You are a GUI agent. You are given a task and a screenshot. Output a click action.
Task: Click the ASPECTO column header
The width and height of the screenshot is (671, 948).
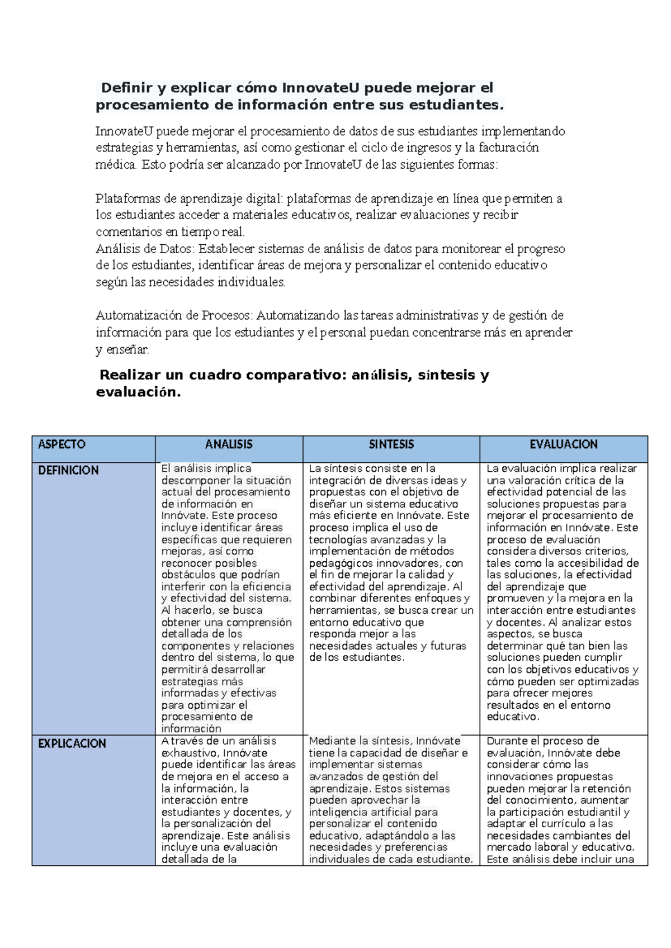[x=62, y=444]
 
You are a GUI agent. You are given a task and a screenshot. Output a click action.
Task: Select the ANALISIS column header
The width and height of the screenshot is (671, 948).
[x=229, y=444]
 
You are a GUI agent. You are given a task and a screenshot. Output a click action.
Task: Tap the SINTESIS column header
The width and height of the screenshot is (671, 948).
[x=391, y=444]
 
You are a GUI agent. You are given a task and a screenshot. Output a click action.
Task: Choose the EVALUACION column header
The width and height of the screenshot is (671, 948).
[x=563, y=444]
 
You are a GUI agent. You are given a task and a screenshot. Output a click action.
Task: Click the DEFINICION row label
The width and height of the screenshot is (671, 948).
[x=68, y=471]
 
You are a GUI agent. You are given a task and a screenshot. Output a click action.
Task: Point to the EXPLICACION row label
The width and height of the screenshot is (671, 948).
[x=72, y=743]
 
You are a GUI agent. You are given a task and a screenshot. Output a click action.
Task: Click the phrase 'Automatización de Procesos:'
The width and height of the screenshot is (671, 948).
[x=174, y=315]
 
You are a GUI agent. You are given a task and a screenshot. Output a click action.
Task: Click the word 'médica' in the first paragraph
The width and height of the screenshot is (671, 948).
[x=115, y=165]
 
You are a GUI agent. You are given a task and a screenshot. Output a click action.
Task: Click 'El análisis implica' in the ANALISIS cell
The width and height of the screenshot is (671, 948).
[x=206, y=468]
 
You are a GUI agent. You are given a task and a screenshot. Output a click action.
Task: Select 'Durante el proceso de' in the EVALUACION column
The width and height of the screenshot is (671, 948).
[x=542, y=741]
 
